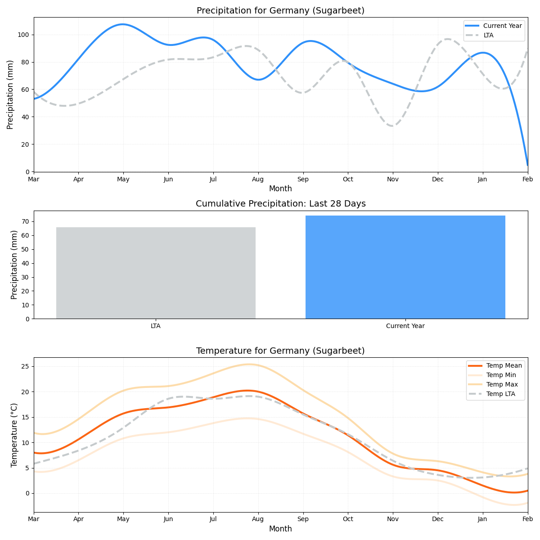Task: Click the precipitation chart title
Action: tap(280, 11)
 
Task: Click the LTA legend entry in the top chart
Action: tap(488, 35)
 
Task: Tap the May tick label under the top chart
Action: tap(123, 180)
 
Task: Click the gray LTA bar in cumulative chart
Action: tap(156, 273)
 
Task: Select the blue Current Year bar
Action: tap(405, 267)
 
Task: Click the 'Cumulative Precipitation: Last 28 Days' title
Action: tap(280, 204)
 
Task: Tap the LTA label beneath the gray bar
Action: tap(156, 326)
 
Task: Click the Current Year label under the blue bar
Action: tap(405, 326)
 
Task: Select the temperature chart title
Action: tap(280, 351)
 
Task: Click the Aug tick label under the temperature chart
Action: tap(258, 519)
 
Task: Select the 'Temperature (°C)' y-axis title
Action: tap(14, 435)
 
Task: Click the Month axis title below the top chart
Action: tap(280, 189)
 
